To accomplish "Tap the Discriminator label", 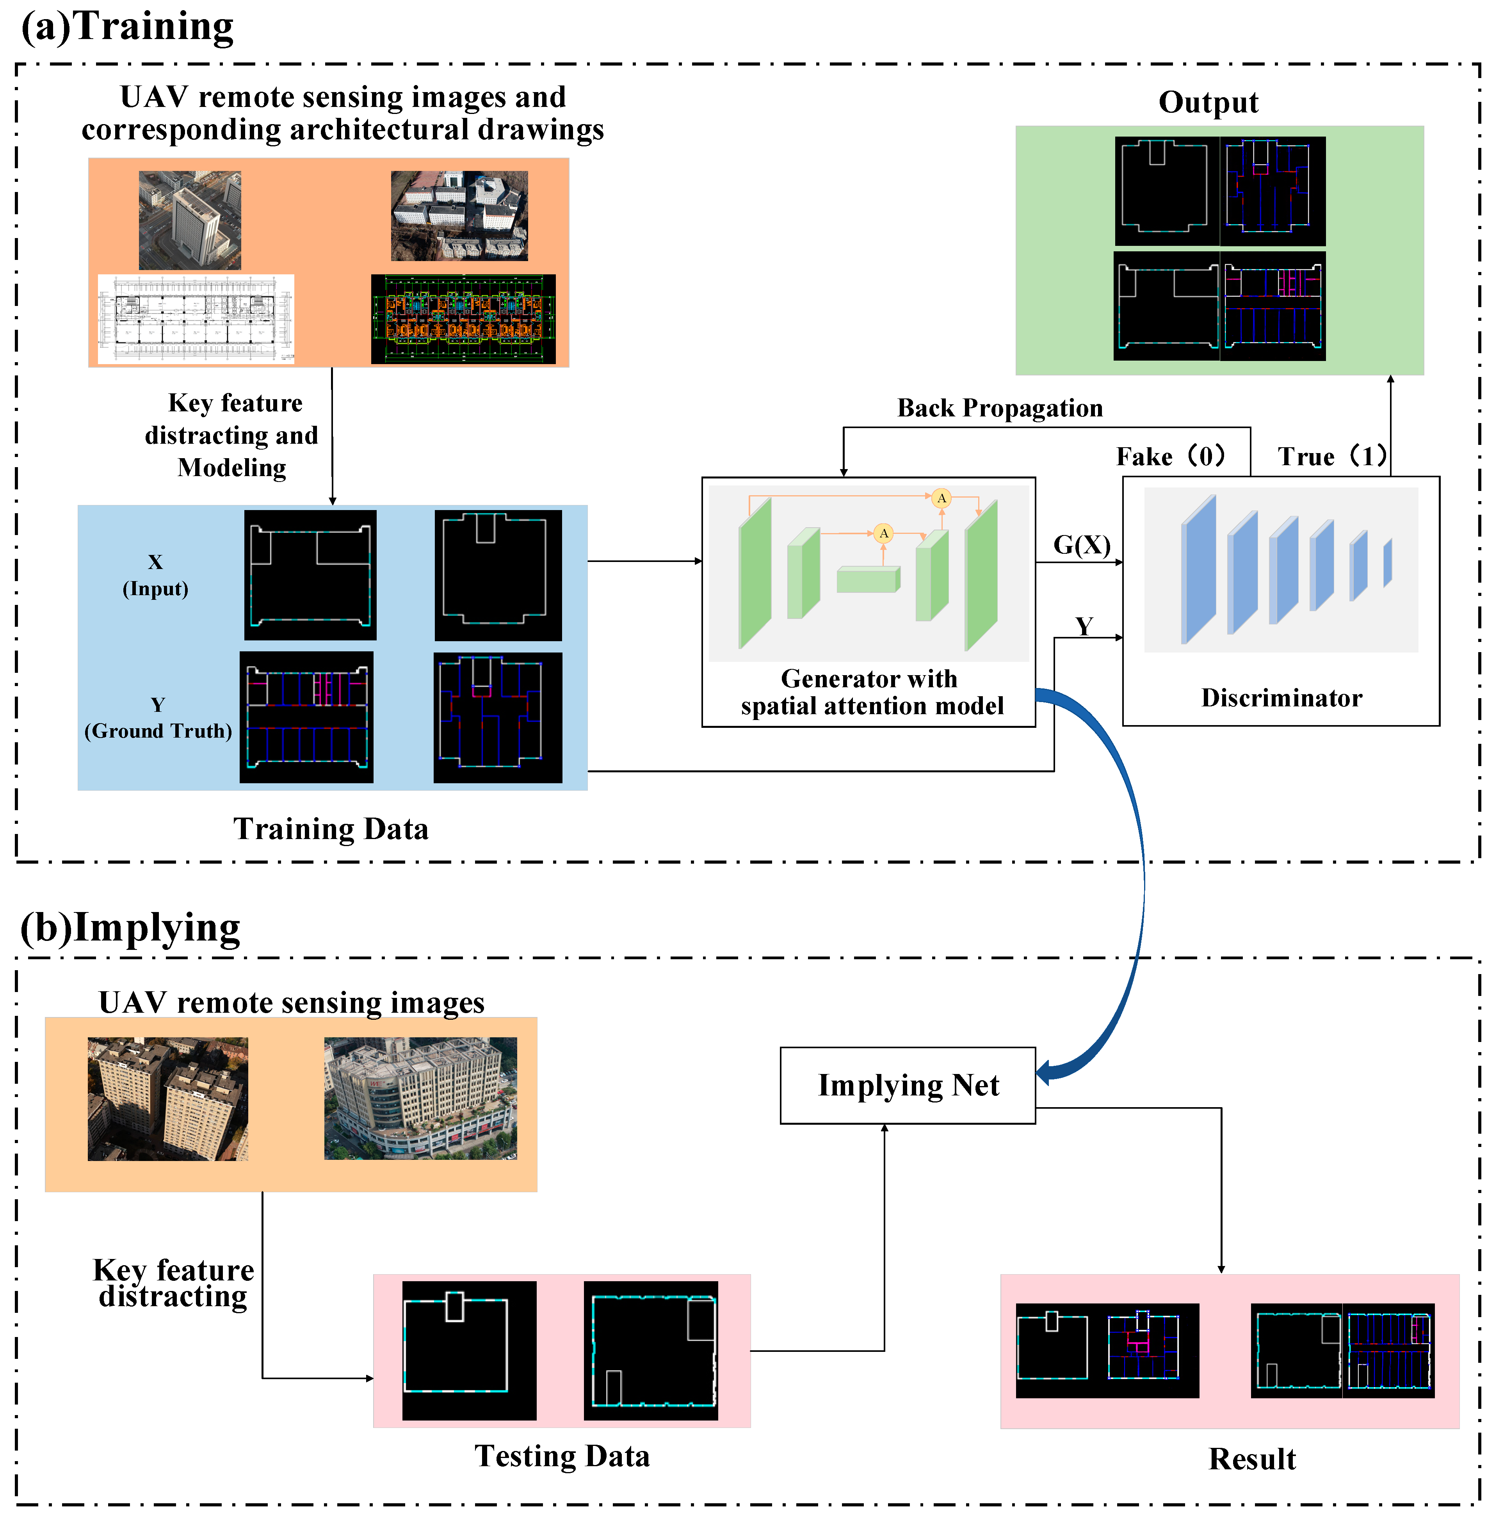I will click(x=1281, y=698).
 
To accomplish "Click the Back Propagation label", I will click(x=1000, y=408).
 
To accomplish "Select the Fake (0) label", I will click(x=1170, y=456).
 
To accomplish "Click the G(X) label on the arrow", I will click(x=1081, y=545).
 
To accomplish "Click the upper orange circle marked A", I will click(x=941, y=498).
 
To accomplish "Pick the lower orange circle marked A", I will click(x=883, y=533).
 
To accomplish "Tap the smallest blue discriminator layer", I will click(x=1387, y=562).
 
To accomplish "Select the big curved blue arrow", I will click(x=1131, y=863).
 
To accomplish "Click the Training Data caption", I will click(x=331, y=829).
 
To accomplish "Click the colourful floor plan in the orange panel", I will click(x=463, y=319).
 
